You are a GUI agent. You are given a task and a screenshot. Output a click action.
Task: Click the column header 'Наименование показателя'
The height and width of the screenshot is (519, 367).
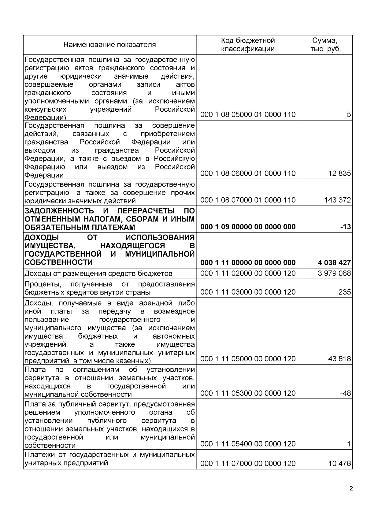[x=109, y=45]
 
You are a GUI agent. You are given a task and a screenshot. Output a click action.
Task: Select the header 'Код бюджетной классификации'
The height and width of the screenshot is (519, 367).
[x=248, y=45]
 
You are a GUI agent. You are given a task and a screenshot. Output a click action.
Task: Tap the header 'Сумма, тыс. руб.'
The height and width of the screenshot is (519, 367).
[x=326, y=45]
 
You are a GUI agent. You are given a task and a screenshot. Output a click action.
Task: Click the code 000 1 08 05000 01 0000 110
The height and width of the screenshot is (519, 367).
[x=248, y=115]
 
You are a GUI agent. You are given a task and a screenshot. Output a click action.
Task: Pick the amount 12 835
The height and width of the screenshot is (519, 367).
[x=339, y=173]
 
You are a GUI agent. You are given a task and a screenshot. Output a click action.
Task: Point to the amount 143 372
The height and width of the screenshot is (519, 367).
[x=337, y=200]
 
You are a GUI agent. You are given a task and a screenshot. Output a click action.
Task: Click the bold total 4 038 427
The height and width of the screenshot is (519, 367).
[x=334, y=262]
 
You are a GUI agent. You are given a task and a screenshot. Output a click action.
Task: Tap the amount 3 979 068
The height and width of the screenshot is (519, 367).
[x=334, y=273]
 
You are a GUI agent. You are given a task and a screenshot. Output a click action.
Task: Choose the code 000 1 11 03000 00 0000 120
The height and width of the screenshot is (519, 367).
[x=248, y=292]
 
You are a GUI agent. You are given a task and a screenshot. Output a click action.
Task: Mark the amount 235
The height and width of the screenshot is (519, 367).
[x=344, y=292]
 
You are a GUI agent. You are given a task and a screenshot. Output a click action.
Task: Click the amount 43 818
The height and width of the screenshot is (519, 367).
[x=339, y=359]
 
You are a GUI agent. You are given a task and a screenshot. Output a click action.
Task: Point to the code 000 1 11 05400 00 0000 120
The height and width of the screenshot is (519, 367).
[x=248, y=444]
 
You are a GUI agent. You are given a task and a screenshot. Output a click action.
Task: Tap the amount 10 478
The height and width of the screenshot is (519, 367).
[x=339, y=464]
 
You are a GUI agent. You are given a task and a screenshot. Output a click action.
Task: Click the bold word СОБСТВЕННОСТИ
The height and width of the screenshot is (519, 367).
[x=58, y=262]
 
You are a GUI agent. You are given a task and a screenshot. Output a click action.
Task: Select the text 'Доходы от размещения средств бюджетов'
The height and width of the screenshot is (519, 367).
[x=98, y=273]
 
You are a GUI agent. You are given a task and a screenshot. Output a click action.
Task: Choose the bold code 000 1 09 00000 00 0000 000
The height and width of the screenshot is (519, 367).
[x=248, y=227]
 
